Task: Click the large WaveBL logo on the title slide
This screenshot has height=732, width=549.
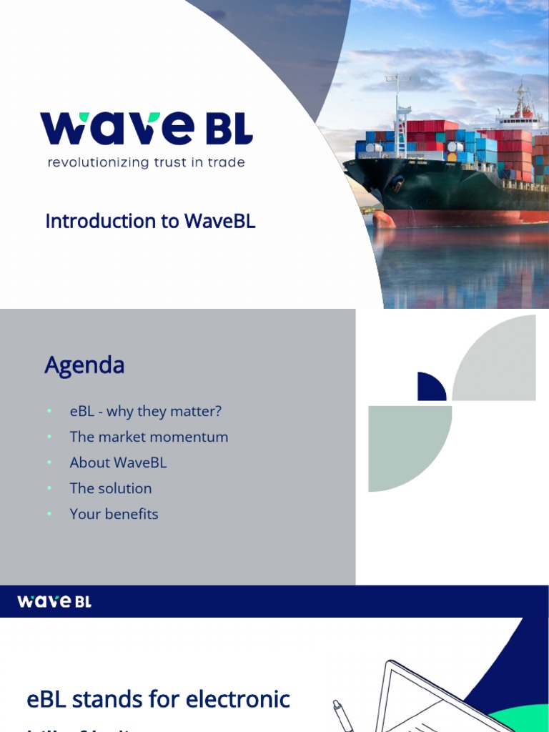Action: click(146, 129)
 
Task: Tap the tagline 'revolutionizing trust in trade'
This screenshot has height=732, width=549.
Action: click(146, 163)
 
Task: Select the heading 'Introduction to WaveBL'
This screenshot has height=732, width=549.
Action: click(150, 222)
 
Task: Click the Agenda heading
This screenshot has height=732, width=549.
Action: click(84, 365)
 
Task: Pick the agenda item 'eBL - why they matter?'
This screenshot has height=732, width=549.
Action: click(146, 412)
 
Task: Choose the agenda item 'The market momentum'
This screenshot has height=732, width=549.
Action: click(149, 437)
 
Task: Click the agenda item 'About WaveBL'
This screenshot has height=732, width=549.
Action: click(118, 463)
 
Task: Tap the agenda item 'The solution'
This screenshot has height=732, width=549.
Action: click(111, 489)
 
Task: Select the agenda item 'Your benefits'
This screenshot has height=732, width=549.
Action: click(114, 515)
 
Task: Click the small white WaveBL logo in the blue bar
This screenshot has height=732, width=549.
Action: click(54, 602)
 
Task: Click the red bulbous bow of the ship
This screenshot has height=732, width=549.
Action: click(383, 218)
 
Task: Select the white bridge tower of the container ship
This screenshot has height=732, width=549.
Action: click(522, 114)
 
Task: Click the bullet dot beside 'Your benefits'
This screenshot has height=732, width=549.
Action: click(49, 515)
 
